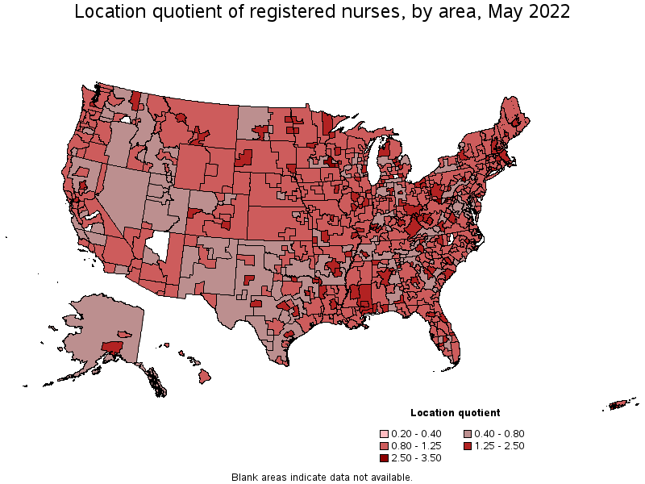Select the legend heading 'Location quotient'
tap(455, 412)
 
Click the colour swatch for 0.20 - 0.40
tap(386, 433)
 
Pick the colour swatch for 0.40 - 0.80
tap(468, 433)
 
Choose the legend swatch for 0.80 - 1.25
tap(386, 445)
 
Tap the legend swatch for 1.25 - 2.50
tap(468, 445)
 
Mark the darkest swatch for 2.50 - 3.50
tap(386, 457)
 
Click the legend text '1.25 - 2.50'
tap(501, 445)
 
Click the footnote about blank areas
tap(322, 477)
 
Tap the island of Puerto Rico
tap(621, 404)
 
